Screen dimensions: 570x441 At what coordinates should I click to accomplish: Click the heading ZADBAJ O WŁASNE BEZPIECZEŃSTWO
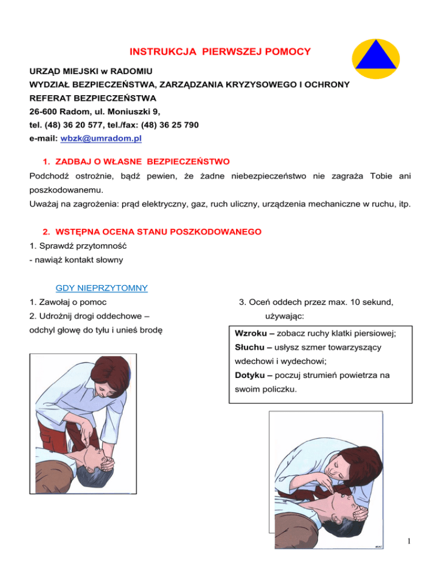[136, 163]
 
